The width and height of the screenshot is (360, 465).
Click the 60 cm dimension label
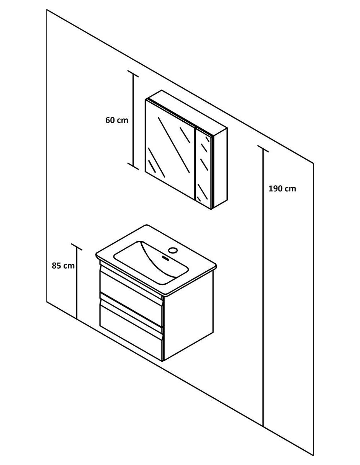pos(117,121)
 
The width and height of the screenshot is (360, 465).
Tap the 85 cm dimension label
pos(63,266)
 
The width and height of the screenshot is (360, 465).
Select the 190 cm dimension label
pos(282,189)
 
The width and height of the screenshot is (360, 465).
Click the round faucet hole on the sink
pos(173,250)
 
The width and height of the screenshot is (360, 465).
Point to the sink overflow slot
pos(166,258)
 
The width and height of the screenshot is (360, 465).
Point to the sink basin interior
pos(151,263)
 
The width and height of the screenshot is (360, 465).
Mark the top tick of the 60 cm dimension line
pos(133,73)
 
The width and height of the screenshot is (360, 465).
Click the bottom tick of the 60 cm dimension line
pos(133,166)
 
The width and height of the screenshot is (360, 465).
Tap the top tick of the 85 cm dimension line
pos(77,247)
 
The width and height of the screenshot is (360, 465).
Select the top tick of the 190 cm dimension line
pos(263,149)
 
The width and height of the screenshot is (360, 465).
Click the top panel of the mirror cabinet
pos(186,109)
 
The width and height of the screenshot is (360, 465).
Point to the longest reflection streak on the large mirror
pos(174,145)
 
